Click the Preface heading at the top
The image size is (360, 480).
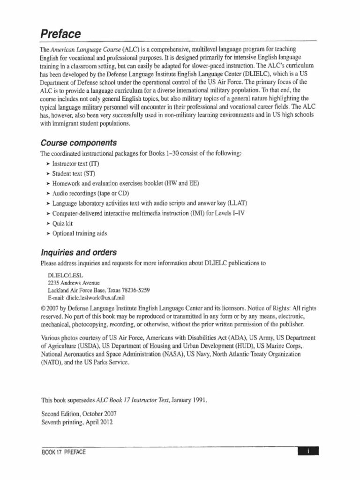(60, 34)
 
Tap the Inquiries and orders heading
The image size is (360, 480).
(79, 252)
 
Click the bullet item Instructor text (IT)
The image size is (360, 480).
(76, 164)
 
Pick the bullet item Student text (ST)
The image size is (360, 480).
(74, 173)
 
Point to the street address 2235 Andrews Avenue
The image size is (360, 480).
(74, 283)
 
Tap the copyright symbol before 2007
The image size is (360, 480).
(44, 308)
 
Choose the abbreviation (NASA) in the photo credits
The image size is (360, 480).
(175, 354)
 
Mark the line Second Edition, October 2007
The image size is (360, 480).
(79, 414)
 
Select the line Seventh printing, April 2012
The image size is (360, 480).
(77, 422)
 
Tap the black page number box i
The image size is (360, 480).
(308, 451)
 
